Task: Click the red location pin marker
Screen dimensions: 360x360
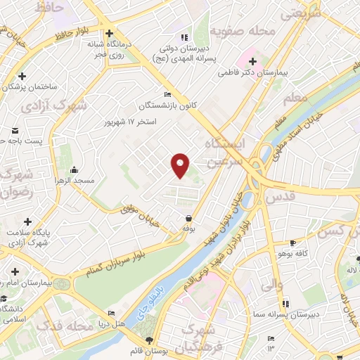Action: click(x=181, y=165)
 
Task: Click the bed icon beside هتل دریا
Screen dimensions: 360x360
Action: click(x=111, y=313)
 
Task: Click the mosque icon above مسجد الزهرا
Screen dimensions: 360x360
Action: click(x=74, y=169)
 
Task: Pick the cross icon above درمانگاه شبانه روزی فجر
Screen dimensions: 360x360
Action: click(x=109, y=32)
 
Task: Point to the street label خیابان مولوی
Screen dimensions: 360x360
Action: click(x=137, y=212)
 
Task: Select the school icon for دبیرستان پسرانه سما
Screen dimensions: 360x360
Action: click(x=285, y=304)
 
